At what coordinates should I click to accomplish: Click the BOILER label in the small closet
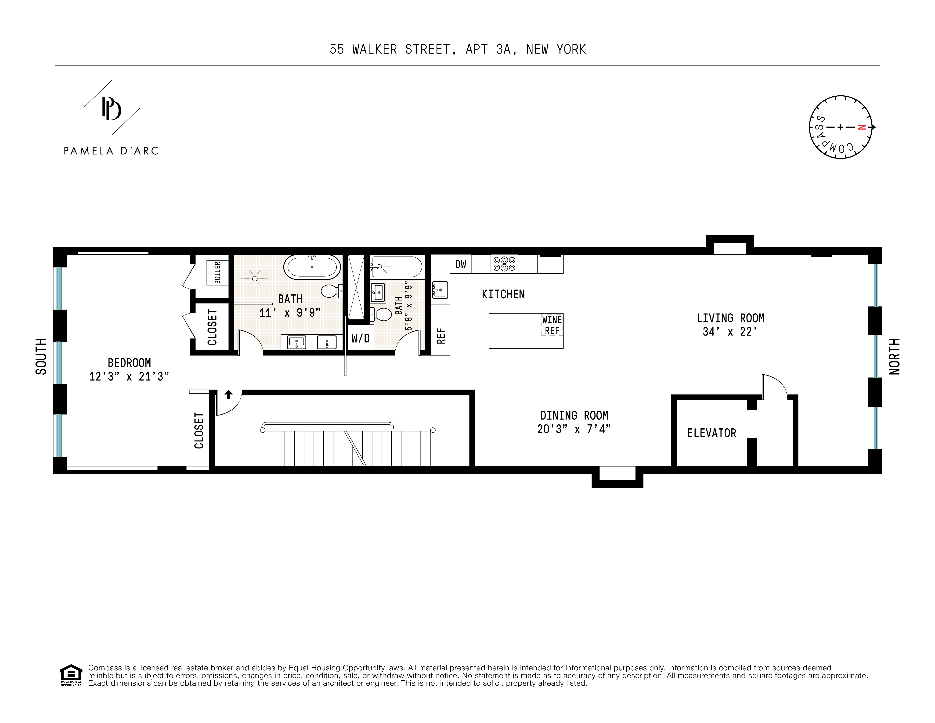click(x=217, y=273)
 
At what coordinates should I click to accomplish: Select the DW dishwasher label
click(x=461, y=264)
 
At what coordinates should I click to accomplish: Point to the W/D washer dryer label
click(x=361, y=338)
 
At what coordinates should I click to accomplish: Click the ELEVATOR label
click(x=711, y=433)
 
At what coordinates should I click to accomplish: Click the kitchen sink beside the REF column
click(x=440, y=290)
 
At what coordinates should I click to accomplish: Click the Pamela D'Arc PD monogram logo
click(x=111, y=108)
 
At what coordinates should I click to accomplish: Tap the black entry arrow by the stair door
click(x=229, y=394)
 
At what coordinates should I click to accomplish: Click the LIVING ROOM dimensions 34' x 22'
click(x=730, y=332)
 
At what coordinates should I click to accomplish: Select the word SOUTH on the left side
click(x=41, y=357)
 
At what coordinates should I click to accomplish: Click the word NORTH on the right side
click(x=894, y=357)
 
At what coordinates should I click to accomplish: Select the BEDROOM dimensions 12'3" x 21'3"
click(x=129, y=376)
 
